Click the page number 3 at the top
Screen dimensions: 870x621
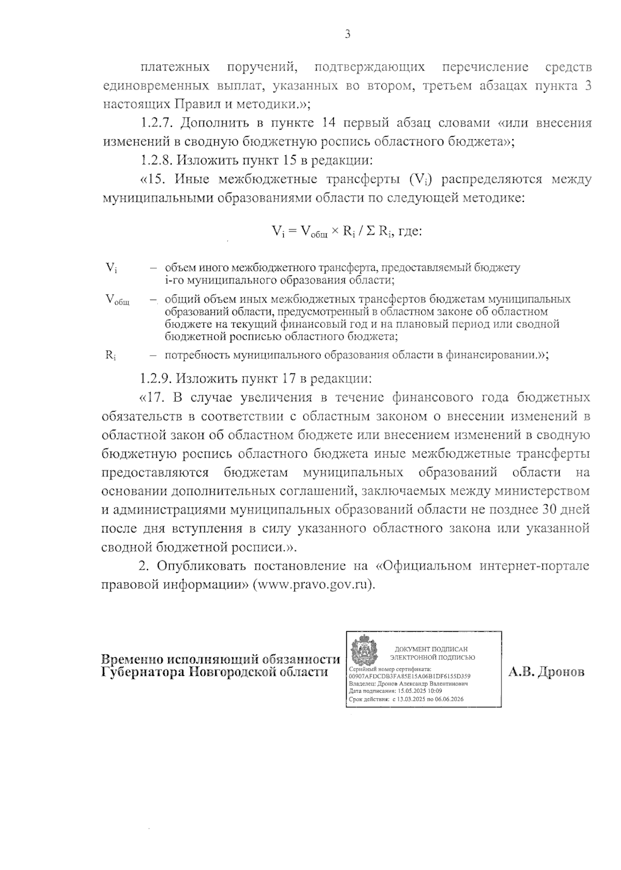[347, 35]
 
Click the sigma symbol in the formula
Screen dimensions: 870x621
[371, 231]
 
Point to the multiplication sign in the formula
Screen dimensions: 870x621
[335, 231]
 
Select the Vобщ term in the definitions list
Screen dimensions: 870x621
[117, 300]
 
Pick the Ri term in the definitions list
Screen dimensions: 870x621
[111, 355]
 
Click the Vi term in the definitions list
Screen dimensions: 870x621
[111, 268]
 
